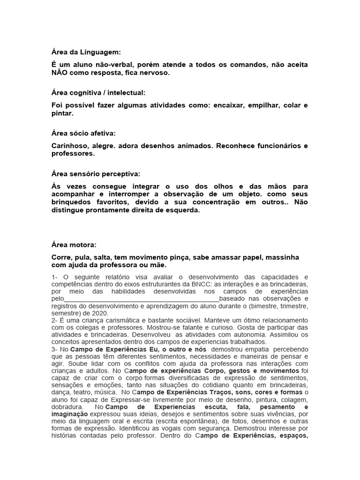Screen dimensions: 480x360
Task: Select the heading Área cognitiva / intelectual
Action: point(96,93)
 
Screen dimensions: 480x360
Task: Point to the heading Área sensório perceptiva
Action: point(95,174)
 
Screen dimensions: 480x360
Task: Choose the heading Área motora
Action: point(74,245)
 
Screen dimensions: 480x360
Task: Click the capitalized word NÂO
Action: point(61,74)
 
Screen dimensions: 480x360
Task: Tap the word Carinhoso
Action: point(69,146)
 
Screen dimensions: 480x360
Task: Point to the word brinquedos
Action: point(73,202)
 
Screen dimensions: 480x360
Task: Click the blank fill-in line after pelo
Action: point(141,299)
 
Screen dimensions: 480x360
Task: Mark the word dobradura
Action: point(68,407)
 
